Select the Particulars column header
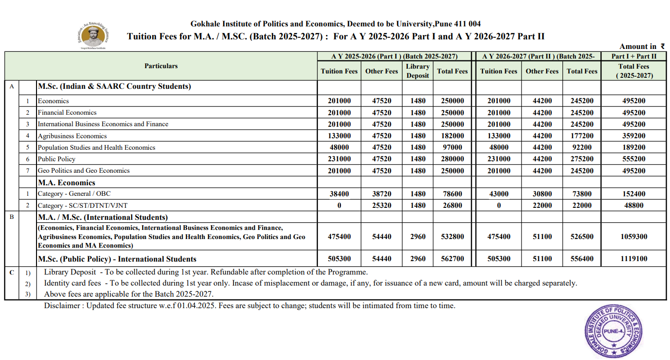tap(161, 66)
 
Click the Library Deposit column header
tap(417, 71)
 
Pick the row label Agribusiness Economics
tap(72, 136)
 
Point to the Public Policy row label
tap(57, 159)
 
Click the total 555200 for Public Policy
tap(633, 159)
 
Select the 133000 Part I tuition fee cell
tap(339, 136)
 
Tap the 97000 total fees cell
tap(452, 147)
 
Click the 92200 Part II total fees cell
tap(582, 147)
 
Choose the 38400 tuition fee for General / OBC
tap(339, 194)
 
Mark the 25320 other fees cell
tap(381, 205)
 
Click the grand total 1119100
tap(633, 259)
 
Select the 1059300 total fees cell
tap(633, 237)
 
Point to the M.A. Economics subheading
tap(66, 182)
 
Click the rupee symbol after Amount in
tap(663, 47)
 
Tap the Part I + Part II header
tap(633, 56)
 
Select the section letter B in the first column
tap(12, 217)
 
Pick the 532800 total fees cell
tap(452, 237)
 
